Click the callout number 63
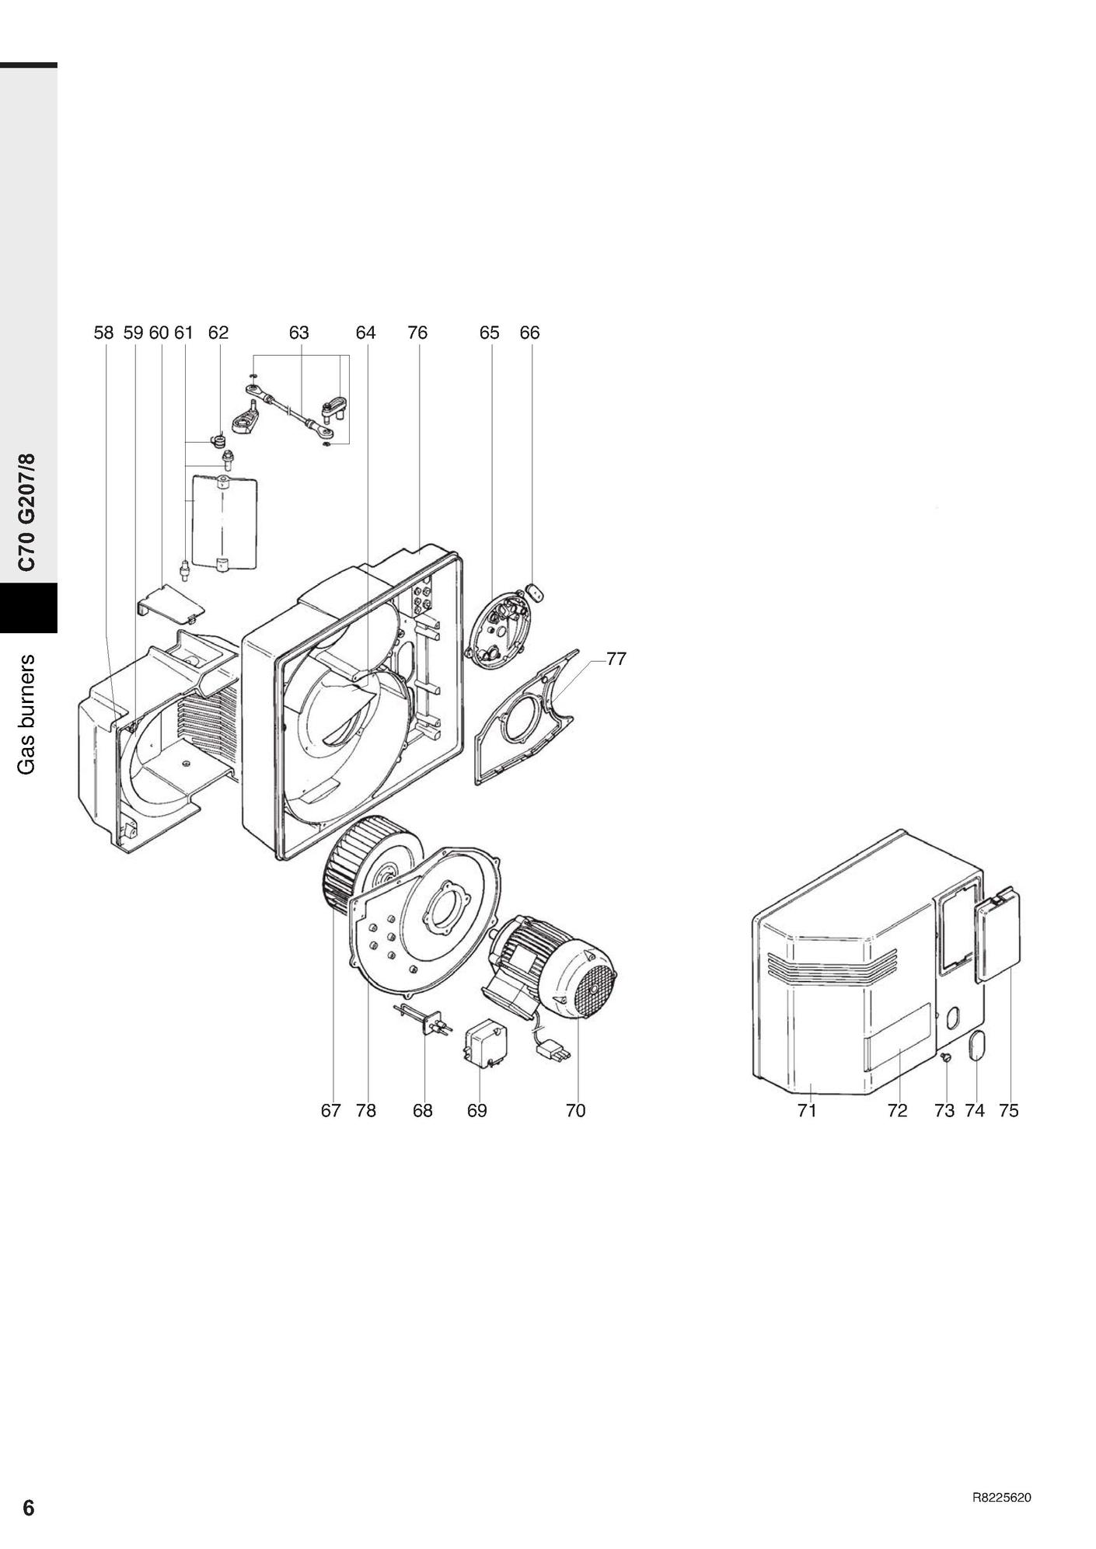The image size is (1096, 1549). pos(298,332)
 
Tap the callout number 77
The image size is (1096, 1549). pos(616,659)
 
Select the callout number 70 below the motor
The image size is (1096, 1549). pos(575,1111)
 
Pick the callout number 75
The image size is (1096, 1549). pos(1008,1111)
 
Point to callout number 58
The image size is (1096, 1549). pos(103,332)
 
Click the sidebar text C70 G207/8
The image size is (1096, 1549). pos(28,513)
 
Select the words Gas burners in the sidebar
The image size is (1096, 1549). pos(28,715)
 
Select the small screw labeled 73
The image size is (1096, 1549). pos(945,1059)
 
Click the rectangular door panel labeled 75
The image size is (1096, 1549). pos(997,936)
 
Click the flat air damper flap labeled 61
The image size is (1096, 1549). pos(224,522)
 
